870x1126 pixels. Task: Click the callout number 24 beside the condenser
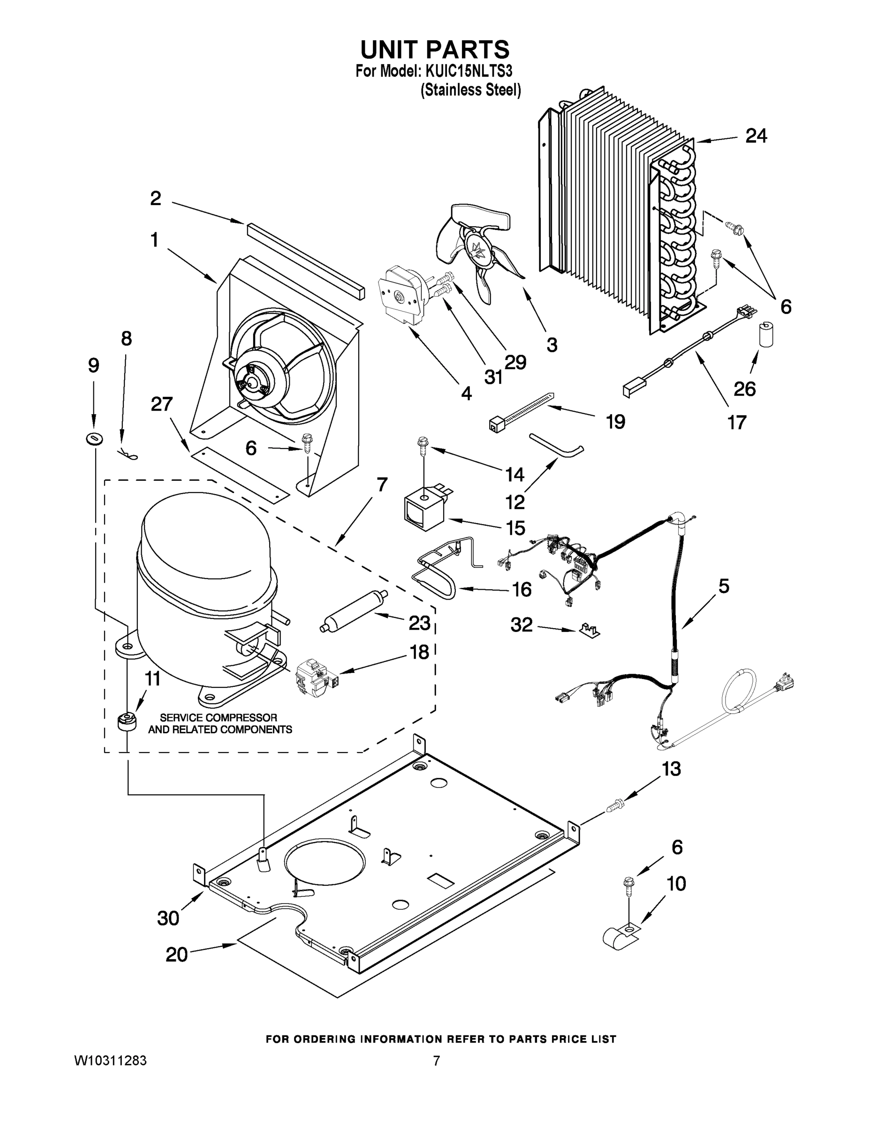pos(756,136)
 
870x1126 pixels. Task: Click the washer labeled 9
pos(94,439)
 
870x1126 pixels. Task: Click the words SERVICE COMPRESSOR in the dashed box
pos(219,717)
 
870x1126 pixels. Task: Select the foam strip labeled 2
pos(305,260)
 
